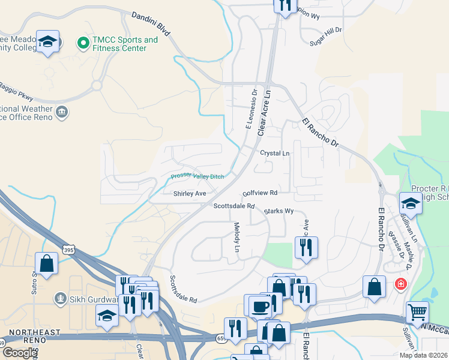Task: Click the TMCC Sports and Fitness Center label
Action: pyautogui.click(x=125, y=44)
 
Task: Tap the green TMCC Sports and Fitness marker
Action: pyautogui.click(x=83, y=43)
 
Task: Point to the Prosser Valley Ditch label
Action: pyautogui.click(x=197, y=175)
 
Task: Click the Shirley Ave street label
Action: pyautogui.click(x=190, y=194)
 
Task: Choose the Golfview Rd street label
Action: pyautogui.click(x=260, y=193)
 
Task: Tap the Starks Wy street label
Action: pyautogui.click(x=280, y=211)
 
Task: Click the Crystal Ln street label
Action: pyautogui.click(x=274, y=154)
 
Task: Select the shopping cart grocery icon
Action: pyautogui.click(x=418, y=312)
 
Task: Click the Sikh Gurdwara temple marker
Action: pyautogui.click(x=59, y=298)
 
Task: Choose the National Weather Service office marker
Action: pyautogui.click(x=61, y=112)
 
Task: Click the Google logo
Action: pyautogui.click(x=19, y=353)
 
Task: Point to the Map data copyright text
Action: pyautogui.click(x=423, y=355)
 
